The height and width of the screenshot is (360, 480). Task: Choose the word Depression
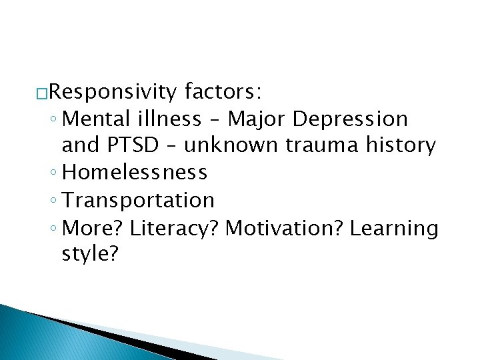pos(350,119)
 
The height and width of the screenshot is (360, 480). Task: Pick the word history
pos(399,145)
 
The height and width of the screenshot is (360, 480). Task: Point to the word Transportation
pos(138,200)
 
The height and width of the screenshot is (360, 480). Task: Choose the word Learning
pos(394,228)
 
